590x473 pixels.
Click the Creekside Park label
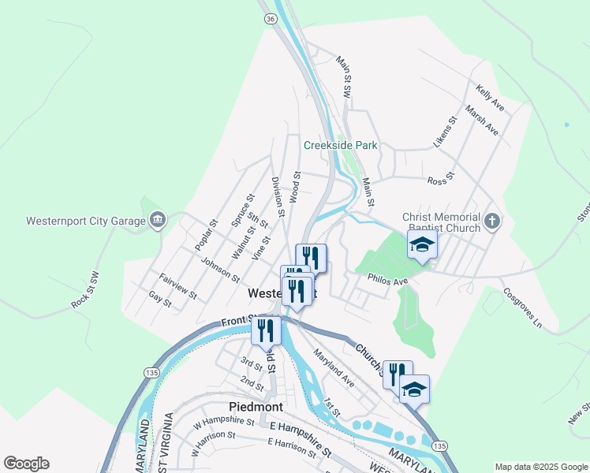[x=341, y=145]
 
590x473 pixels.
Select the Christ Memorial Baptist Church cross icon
[x=493, y=221]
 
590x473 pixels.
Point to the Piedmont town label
[x=256, y=407]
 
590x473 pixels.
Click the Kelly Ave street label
[x=490, y=99]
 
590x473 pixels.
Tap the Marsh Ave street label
[x=482, y=120]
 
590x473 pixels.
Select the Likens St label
[x=446, y=133]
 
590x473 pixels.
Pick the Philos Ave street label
[x=387, y=280]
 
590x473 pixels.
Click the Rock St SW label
[x=85, y=290]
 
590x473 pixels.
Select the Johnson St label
[x=220, y=269]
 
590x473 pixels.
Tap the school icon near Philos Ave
[x=422, y=246]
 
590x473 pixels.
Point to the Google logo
[x=26, y=464]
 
